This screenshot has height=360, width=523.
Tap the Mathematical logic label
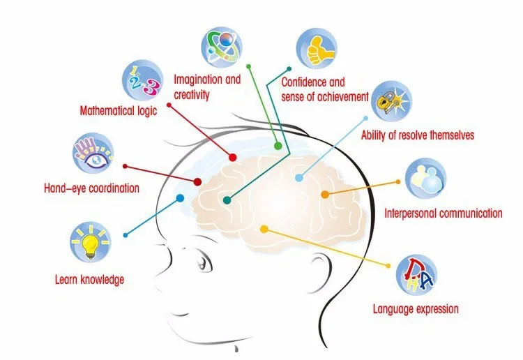coord(119,110)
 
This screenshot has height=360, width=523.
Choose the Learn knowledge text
coord(89,280)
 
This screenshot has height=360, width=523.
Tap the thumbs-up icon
coord(314,48)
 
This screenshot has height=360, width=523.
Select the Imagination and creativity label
coord(206,87)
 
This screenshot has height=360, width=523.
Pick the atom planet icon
coord(222,45)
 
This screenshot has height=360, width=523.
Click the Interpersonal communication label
coord(443,213)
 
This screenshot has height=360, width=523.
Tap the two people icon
coord(425,177)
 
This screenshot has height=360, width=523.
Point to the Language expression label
coord(416,308)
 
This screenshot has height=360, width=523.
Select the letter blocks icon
coord(415,274)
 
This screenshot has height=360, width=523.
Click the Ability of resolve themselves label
coord(417,135)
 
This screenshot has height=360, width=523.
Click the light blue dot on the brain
coord(299,178)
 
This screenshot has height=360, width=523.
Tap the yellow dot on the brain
coord(264,229)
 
